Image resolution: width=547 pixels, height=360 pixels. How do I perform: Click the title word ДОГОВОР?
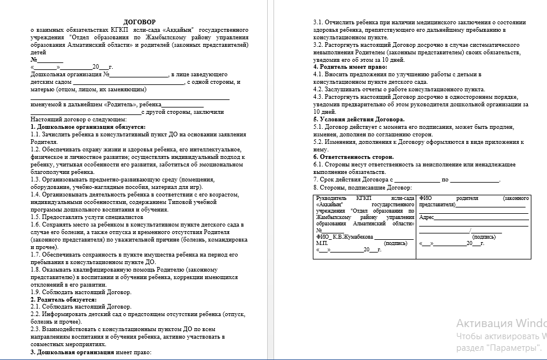(x=139, y=22)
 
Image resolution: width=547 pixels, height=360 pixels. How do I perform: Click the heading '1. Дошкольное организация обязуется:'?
(x=88, y=127)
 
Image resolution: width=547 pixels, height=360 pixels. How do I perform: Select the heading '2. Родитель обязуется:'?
(x=64, y=299)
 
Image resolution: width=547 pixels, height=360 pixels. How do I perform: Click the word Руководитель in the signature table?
(x=333, y=198)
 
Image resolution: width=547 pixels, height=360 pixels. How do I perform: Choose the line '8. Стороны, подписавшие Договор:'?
(x=362, y=187)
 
